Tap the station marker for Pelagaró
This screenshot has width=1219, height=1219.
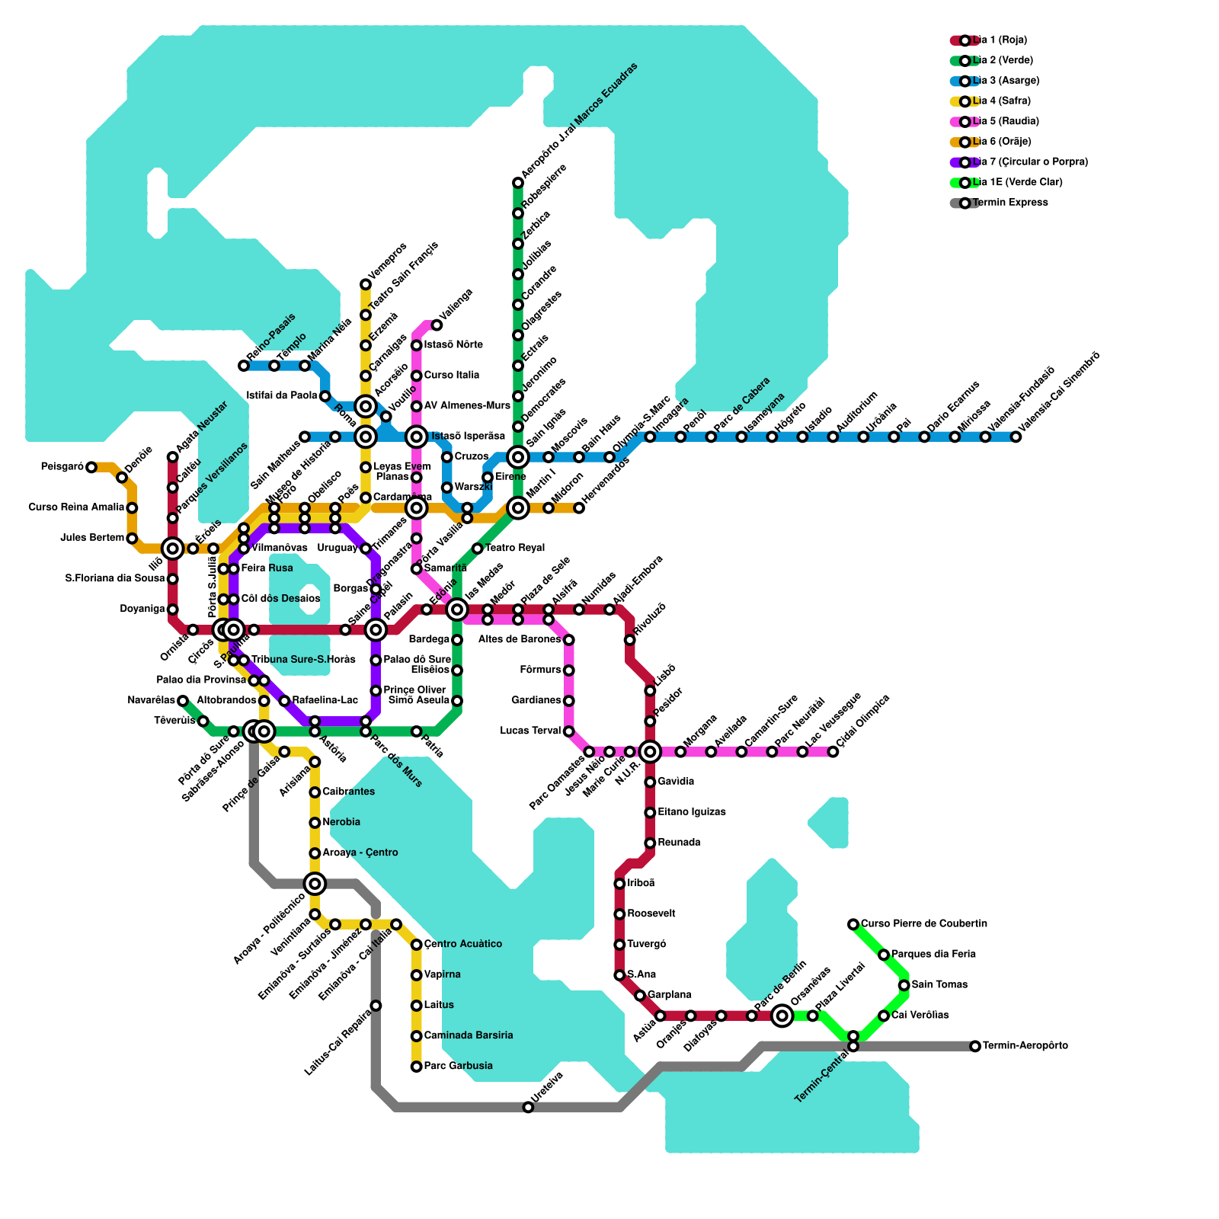tap(91, 467)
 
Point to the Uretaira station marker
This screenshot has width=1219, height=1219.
tap(528, 1107)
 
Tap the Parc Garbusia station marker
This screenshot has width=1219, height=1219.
tap(416, 1067)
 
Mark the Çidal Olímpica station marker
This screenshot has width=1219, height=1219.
tap(833, 752)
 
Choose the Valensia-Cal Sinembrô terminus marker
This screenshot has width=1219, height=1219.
tap(1016, 437)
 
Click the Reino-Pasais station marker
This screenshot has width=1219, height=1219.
tap(244, 366)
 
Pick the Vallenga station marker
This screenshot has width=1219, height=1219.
tap(437, 325)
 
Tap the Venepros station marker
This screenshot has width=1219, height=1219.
tap(366, 284)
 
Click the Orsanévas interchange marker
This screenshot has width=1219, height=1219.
tap(782, 1016)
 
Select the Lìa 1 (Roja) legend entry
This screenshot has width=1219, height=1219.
tap(1000, 40)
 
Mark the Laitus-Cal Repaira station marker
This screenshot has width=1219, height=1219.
tap(376, 1006)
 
